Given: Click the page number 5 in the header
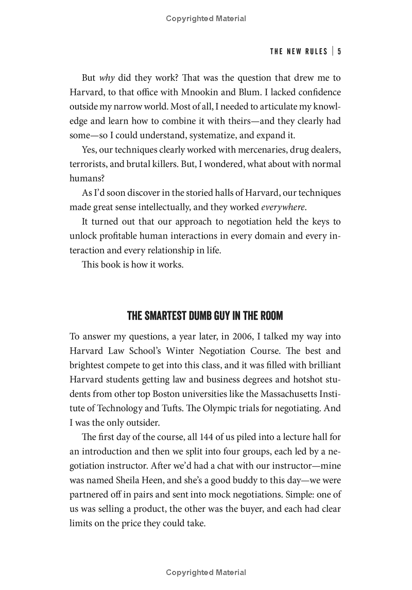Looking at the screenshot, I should point(340,51).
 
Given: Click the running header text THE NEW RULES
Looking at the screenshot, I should point(299,51).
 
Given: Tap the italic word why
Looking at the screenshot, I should point(107,78).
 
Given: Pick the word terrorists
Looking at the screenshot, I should point(88,164).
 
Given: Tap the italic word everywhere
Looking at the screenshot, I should point(283,208).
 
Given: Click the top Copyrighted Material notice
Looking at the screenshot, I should point(206,19).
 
